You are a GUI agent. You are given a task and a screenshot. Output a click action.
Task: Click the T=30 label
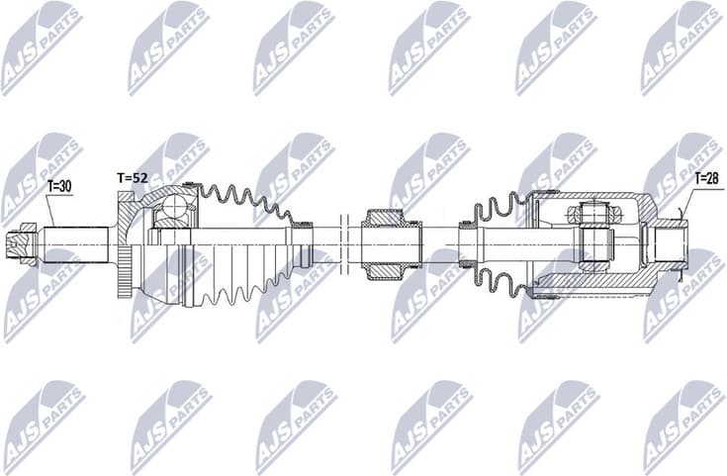coord(59,184)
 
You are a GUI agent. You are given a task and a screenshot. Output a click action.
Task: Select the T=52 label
coord(132,177)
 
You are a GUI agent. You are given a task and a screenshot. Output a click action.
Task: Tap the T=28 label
coord(706,178)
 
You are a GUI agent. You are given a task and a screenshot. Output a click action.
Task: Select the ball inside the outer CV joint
coord(175,208)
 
